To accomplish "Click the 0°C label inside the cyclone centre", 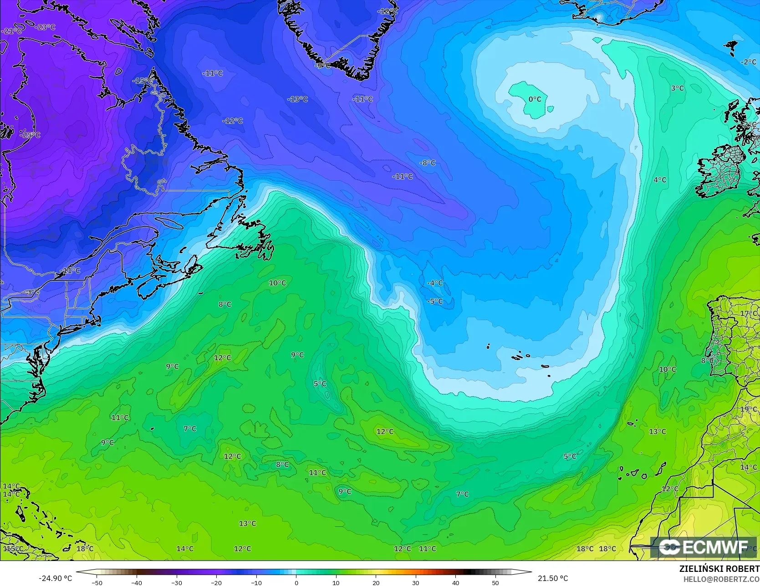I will tap(535, 99).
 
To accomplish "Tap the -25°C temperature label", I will tap(30, 135).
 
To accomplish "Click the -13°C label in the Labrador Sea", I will tap(297, 99).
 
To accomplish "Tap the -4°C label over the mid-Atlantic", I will tap(434, 283).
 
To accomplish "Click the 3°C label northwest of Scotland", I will tap(677, 88).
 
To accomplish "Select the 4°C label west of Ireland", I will tap(660, 180).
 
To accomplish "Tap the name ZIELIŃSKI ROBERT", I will tap(719, 569).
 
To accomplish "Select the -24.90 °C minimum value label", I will tap(55, 578).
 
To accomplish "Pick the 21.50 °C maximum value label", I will tap(553, 578).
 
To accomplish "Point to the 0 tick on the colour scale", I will tap(296, 583).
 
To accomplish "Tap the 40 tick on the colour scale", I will tap(455, 583).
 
